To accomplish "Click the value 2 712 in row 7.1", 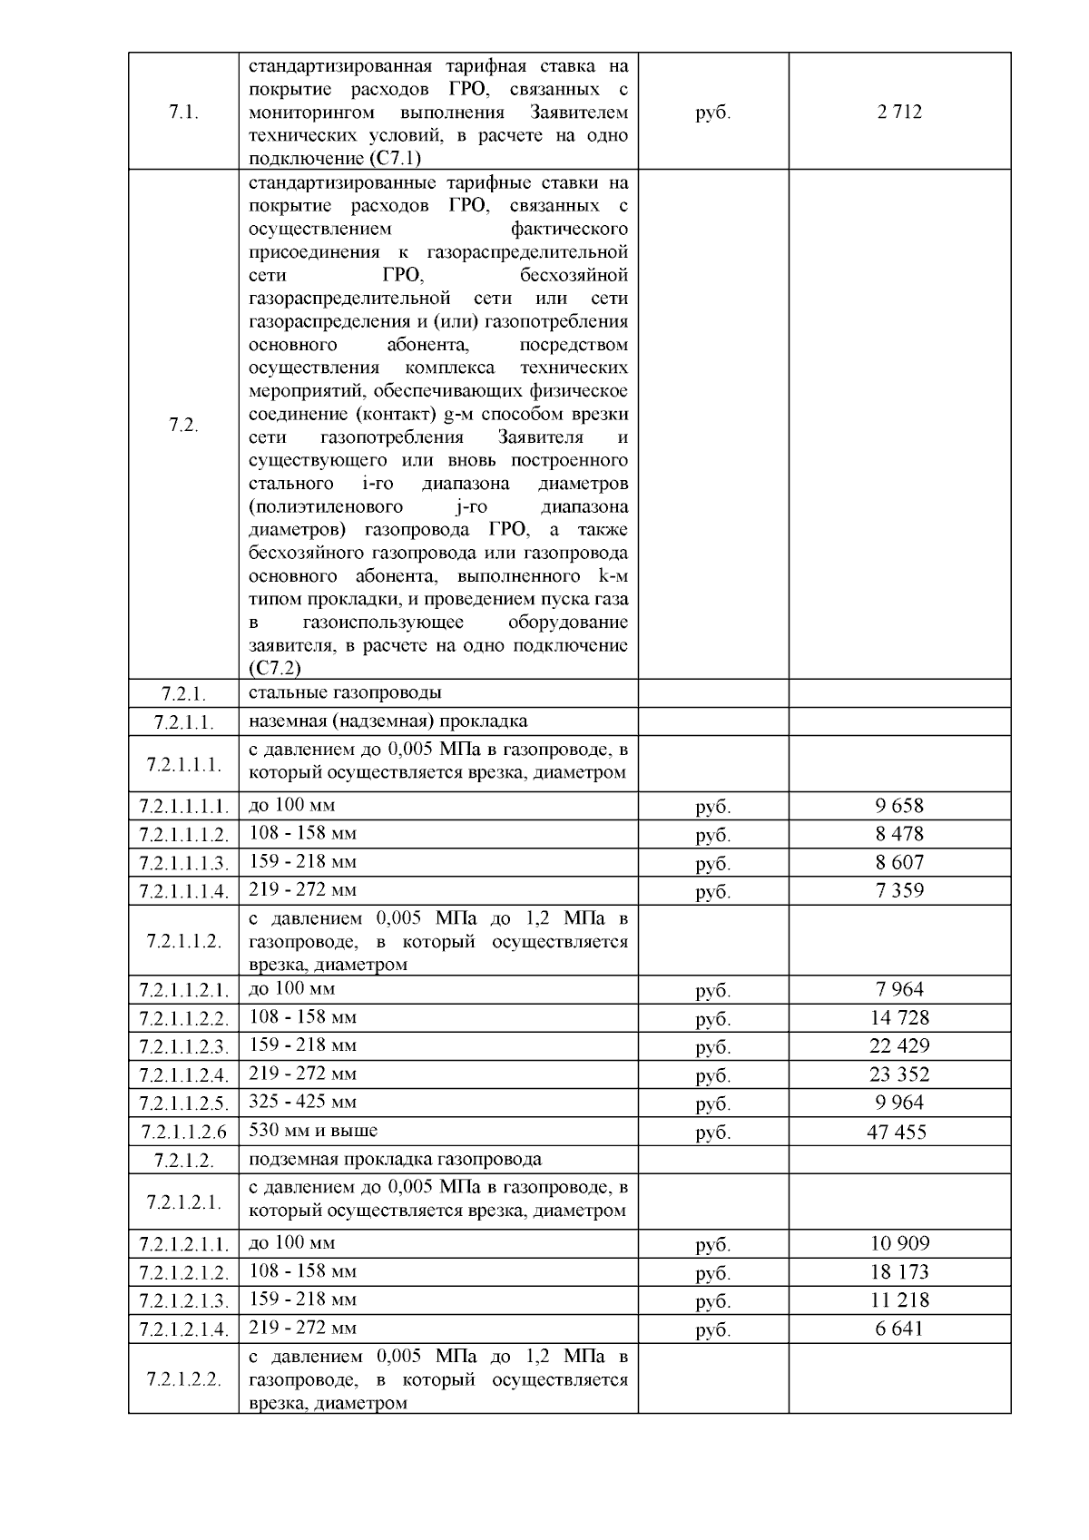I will click(x=899, y=113).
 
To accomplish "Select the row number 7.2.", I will click(x=184, y=426).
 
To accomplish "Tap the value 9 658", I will click(x=899, y=806).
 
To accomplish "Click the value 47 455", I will click(x=899, y=1132).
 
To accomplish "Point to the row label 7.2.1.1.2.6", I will click(x=184, y=1132).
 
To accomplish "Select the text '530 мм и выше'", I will click(x=313, y=1131).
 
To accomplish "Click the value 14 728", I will click(x=899, y=1018).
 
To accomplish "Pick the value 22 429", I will click(x=899, y=1046).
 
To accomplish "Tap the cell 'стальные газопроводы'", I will click(x=345, y=693).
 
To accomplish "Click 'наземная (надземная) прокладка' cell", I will click(x=388, y=721).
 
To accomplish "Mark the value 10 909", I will click(x=899, y=1243).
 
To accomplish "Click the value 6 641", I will click(x=899, y=1329).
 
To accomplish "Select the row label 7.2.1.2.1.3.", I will click(x=184, y=1301).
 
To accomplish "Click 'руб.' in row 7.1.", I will click(x=712, y=113).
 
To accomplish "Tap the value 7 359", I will click(x=899, y=890).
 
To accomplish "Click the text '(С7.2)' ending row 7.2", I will click(x=275, y=669).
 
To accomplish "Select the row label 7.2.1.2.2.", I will click(x=184, y=1380).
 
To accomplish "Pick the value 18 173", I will click(x=899, y=1272).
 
